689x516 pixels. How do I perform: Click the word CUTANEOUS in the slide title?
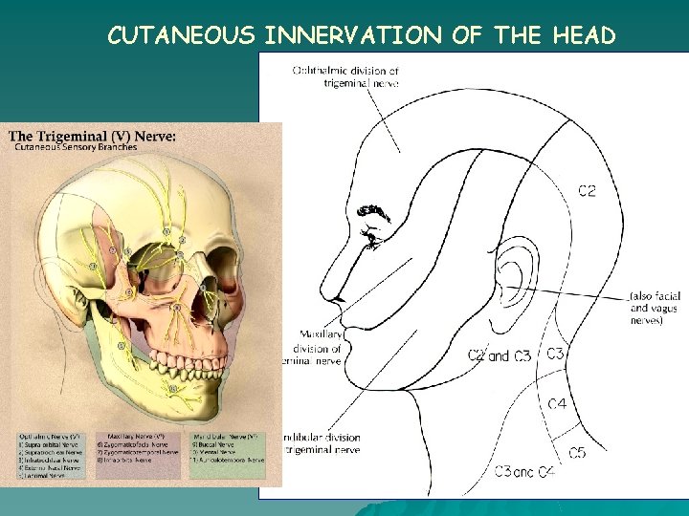[x=181, y=35]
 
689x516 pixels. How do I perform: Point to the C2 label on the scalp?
[x=587, y=191]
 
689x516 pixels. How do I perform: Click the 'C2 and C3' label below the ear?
[x=499, y=356]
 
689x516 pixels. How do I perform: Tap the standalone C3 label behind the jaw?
[x=555, y=354]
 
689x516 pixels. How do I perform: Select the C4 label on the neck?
[x=557, y=404]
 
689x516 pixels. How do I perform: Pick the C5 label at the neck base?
[x=577, y=453]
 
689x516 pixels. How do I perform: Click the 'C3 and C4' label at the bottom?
[x=524, y=471]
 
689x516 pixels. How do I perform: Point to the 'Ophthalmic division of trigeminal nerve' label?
[x=345, y=76]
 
